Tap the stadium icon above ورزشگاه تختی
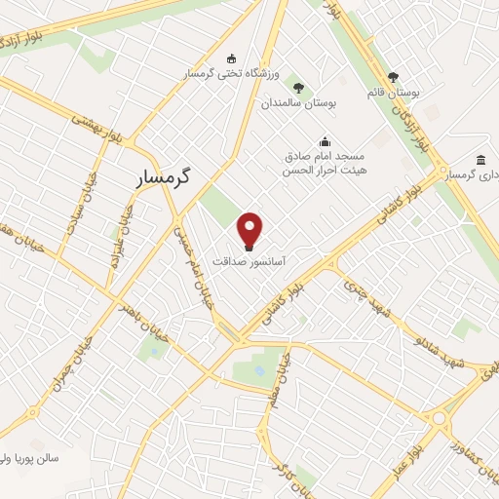click(x=231, y=58)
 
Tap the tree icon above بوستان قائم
click(x=394, y=76)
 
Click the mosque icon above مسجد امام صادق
click(x=324, y=141)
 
